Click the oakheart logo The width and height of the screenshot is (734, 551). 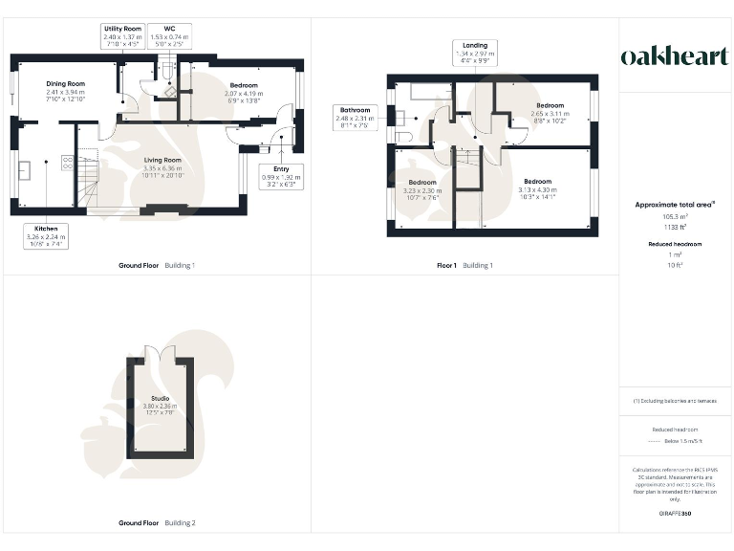[x=675, y=56]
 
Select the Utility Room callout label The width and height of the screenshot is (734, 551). [x=122, y=36]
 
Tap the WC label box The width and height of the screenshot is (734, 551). [x=169, y=36]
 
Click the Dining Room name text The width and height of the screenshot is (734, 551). [x=66, y=84]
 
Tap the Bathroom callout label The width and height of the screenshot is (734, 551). [x=355, y=117]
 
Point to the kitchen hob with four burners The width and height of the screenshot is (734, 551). [x=67, y=162]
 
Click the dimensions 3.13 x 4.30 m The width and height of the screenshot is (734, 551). [x=537, y=189]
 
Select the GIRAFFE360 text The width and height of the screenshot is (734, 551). [x=675, y=514]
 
